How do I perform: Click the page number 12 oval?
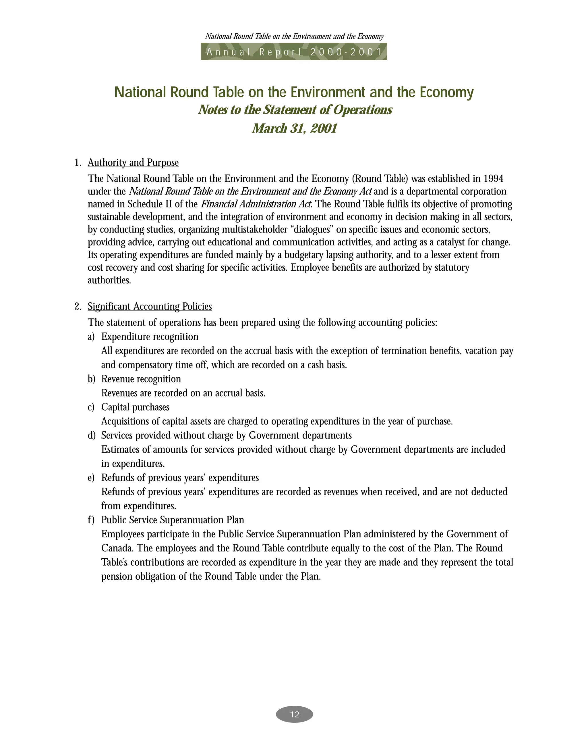294,714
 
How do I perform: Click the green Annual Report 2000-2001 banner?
294,52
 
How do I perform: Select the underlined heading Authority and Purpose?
133,163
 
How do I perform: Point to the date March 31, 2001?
294,128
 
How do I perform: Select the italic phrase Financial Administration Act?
256,204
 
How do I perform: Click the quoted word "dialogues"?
313,230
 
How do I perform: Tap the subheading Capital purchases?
135,407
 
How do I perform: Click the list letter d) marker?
91,436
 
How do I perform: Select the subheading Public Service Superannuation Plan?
173,520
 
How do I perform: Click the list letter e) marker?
91,478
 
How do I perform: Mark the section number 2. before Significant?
78,306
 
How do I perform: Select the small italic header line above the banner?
294,36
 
